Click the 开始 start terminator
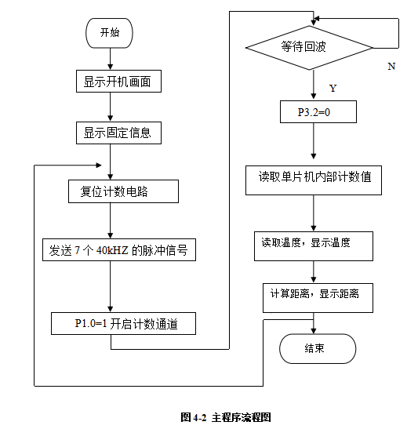(x=110, y=33)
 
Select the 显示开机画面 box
(x=117, y=80)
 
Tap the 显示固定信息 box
(x=117, y=133)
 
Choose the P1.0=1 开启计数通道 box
(x=123, y=322)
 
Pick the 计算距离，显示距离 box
(x=315, y=295)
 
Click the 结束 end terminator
(x=317, y=348)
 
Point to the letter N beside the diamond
(x=391, y=67)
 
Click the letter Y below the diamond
(x=333, y=87)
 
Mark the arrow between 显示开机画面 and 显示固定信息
(x=110, y=107)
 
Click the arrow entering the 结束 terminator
(x=314, y=326)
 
